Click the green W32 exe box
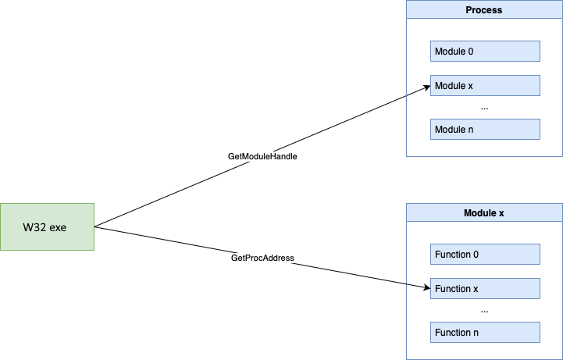tap(47, 226)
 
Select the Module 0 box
tap(485, 51)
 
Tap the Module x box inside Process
tap(485, 85)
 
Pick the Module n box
tap(485, 129)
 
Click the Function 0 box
tap(485, 254)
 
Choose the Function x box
tap(485, 289)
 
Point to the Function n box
tap(485, 333)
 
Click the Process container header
tap(484, 9)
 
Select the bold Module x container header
tap(484, 213)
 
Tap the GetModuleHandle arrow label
tap(262, 156)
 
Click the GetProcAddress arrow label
tap(262, 258)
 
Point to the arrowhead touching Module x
tap(427, 87)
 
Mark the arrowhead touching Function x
tap(427, 287)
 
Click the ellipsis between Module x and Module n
tap(484, 108)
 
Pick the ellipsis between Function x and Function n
tap(484, 311)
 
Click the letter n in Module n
tap(471, 130)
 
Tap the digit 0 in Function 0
tap(476, 255)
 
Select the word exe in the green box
tap(58, 227)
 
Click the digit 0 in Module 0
tap(471, 52)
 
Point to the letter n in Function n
tap(476, 333)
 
